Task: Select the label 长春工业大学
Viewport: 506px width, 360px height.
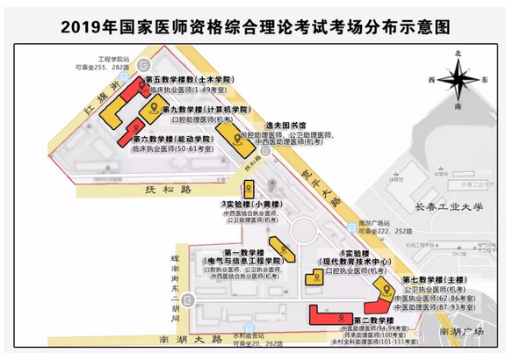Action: pos(447,209)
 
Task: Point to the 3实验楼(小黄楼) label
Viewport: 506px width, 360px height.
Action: pos(251,206)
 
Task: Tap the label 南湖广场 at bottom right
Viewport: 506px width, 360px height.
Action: pos(463,331)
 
